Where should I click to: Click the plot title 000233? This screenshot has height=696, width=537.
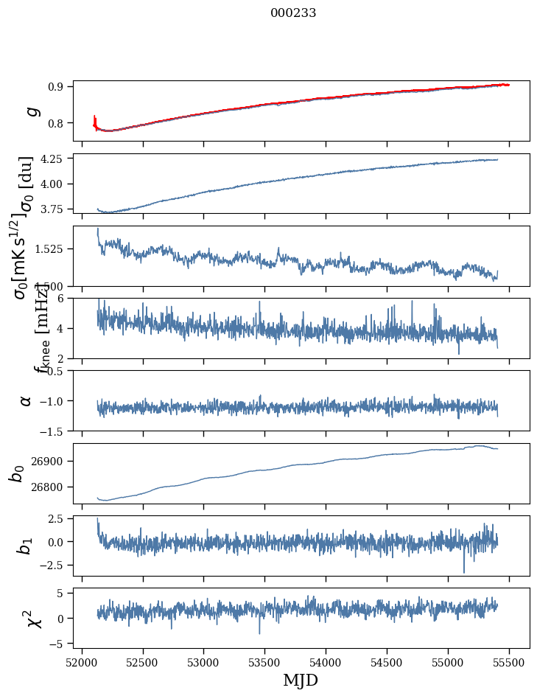tap(293, 13)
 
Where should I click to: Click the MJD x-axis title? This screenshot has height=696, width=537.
tap(301, 680)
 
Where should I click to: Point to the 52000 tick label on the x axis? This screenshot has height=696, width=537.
tap(82, 662)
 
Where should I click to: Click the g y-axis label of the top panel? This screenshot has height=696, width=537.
tap(31, 111)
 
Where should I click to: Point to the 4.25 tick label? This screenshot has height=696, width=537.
tap(54, 159)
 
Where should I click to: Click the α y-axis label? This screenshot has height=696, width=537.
tap(27, 400)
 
